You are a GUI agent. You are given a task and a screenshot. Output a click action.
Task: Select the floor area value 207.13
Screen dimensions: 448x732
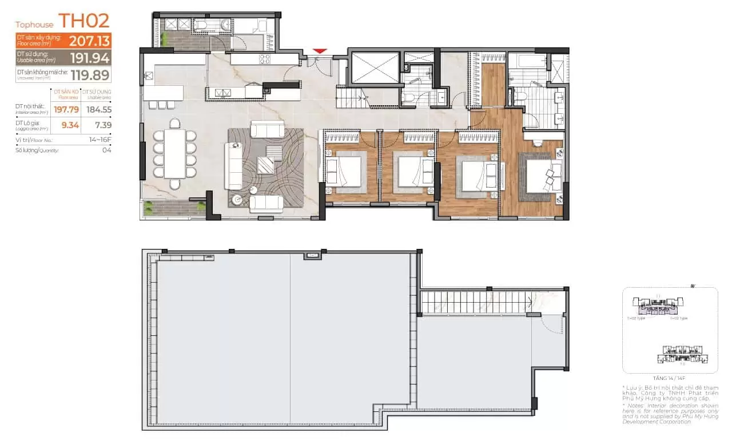[90, 41]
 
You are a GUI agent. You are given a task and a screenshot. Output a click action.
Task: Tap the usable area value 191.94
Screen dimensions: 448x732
[90, 57]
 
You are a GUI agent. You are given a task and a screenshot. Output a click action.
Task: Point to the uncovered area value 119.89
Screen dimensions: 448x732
[90, 74]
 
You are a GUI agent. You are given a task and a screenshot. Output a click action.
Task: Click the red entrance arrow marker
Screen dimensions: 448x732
[320, 51]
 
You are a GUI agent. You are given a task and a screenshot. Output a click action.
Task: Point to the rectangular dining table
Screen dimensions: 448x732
[174, 153]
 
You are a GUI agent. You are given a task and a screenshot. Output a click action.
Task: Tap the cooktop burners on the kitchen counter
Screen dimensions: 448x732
[265, 58]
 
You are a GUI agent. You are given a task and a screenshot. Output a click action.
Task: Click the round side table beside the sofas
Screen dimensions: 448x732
[237, 200]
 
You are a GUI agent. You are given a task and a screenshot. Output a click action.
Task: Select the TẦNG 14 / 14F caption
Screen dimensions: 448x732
[669, 378]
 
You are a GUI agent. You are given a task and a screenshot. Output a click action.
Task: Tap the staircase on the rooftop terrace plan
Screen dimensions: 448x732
[475, 302]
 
